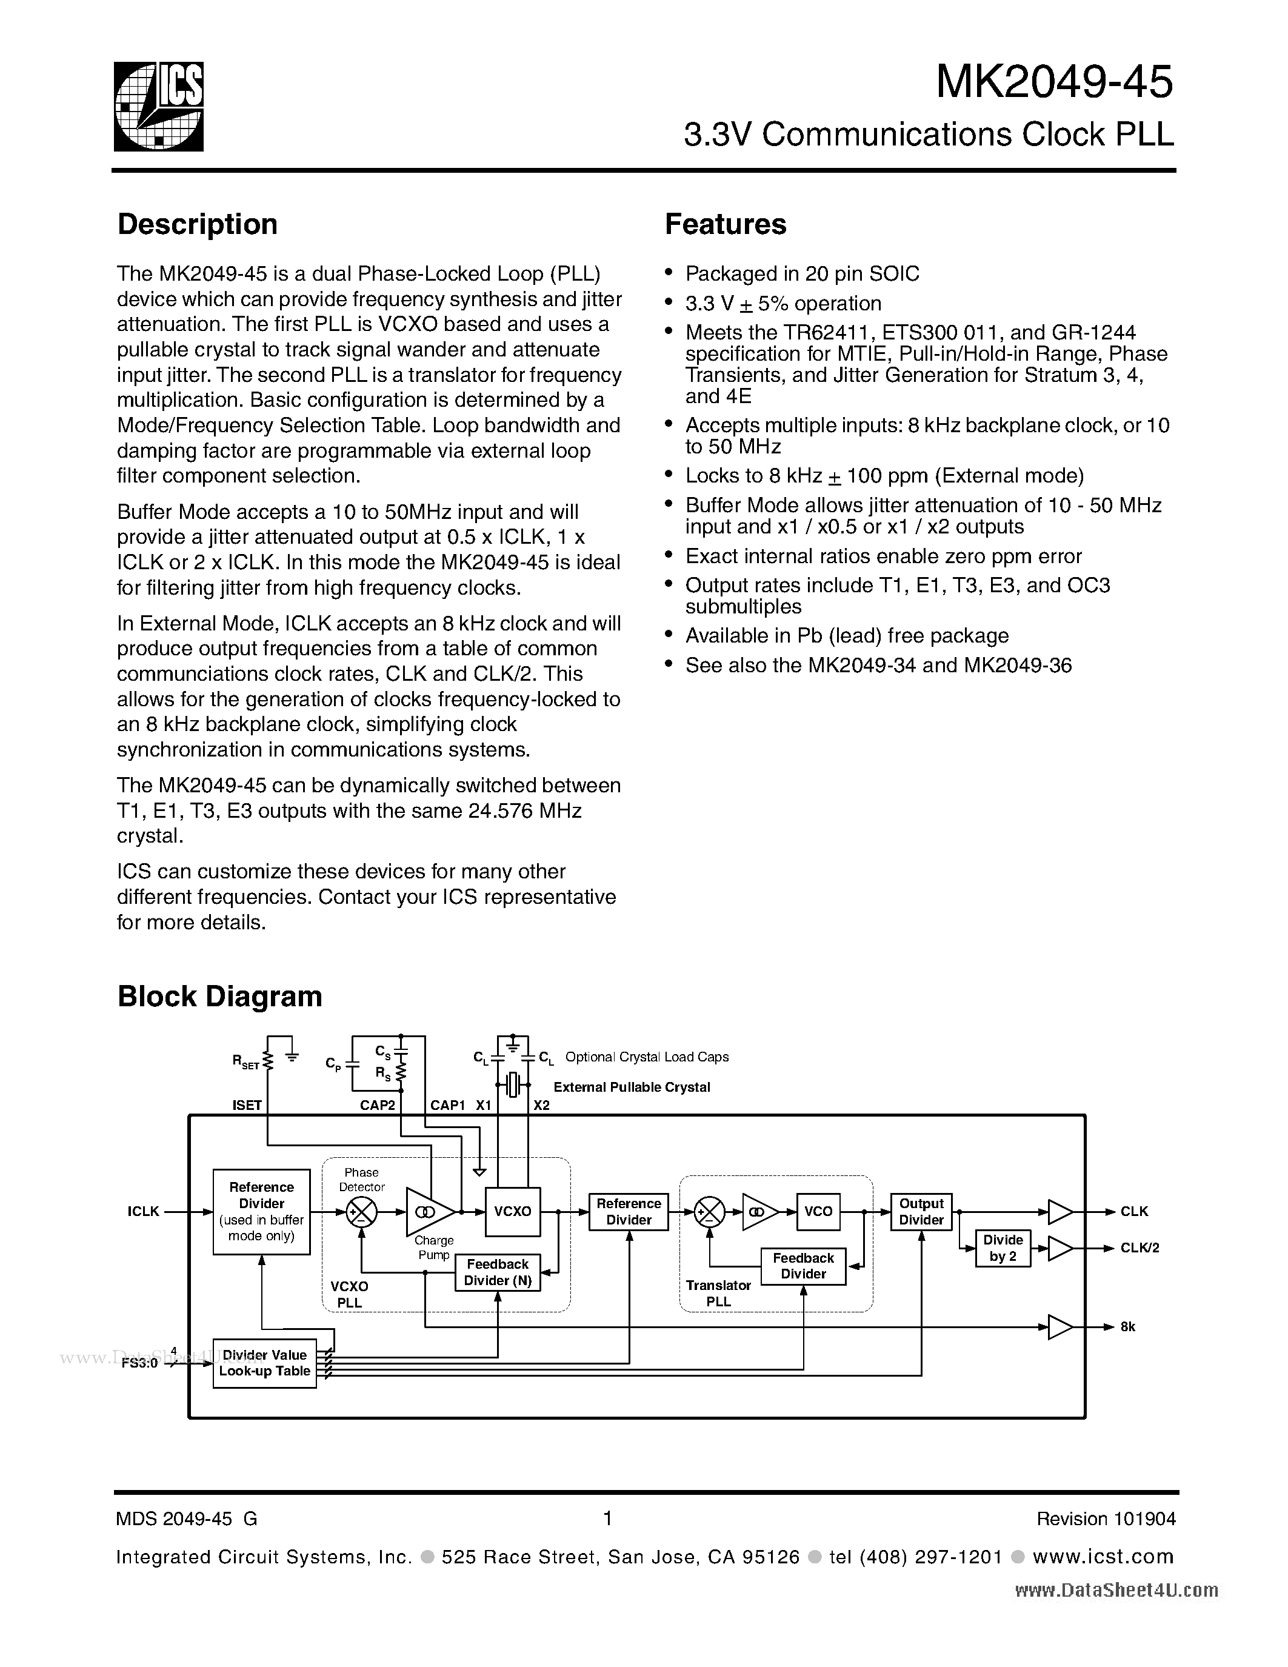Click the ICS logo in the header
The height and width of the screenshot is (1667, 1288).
click(159, 106)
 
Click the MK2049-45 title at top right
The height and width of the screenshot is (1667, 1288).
click(1054, 82)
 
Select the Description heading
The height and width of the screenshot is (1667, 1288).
click(197, 224)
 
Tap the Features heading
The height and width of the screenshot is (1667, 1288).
click(725, 224)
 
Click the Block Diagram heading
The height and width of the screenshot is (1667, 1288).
click(220, 997)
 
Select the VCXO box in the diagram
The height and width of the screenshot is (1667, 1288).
click(513, 1211)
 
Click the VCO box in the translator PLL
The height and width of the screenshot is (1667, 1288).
click(818, 1211)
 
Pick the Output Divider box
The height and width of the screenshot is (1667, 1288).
click(921, 1211)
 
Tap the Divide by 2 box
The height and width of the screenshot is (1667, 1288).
click(1003, 1248)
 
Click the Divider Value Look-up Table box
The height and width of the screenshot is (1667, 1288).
click(264, 1363)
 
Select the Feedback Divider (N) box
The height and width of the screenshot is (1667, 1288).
click(498, 1272)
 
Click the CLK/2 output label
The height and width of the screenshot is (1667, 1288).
click(1140, 1248)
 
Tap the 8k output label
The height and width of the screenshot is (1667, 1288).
click(1128, 1326)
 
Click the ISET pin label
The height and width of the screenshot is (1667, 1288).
click(247, 1105)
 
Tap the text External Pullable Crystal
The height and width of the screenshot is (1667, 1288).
click(631, 1087)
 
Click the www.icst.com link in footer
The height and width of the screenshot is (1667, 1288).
click(1103, 1556)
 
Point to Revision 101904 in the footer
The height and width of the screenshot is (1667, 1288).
click(1106, 1519)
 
